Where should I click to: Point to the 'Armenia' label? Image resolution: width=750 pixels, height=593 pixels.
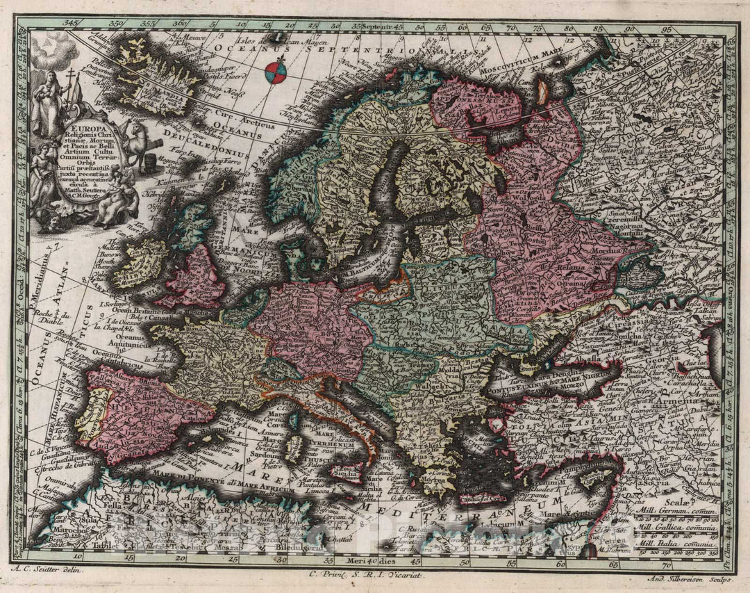pos(673,403)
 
